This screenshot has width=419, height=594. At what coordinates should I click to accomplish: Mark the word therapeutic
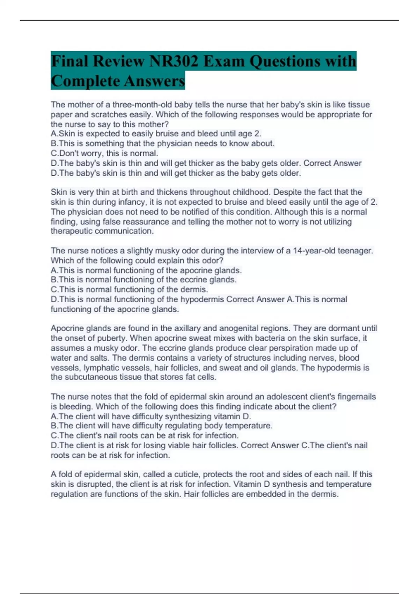(71, 231)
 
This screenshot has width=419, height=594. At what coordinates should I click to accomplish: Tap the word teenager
(355, 251)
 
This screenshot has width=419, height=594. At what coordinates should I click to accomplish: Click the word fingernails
(356, 397)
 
